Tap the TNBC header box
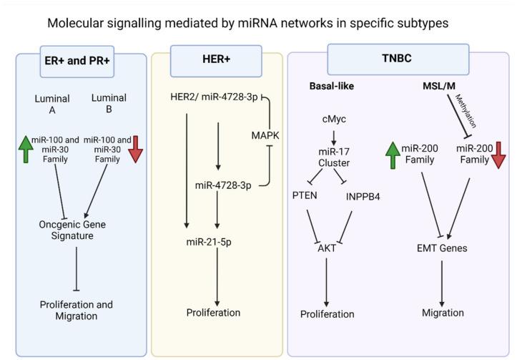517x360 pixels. tap(398, 59)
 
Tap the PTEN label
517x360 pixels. tap(305, 195)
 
